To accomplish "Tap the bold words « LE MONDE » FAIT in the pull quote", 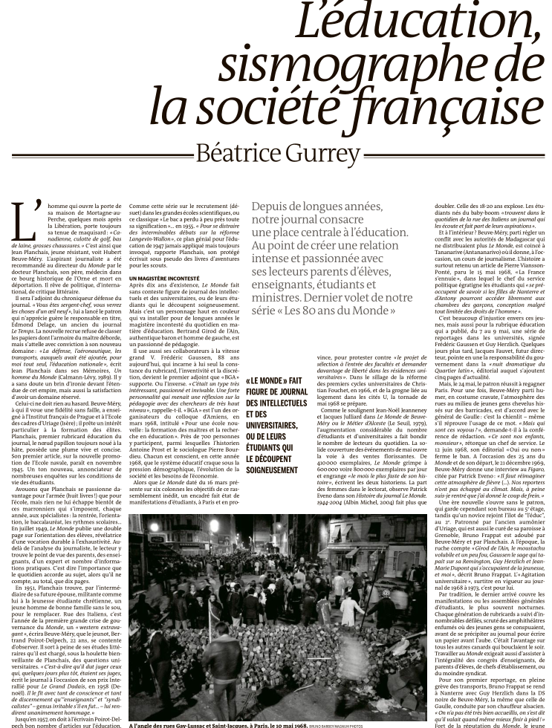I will click(x=276, y=381).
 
